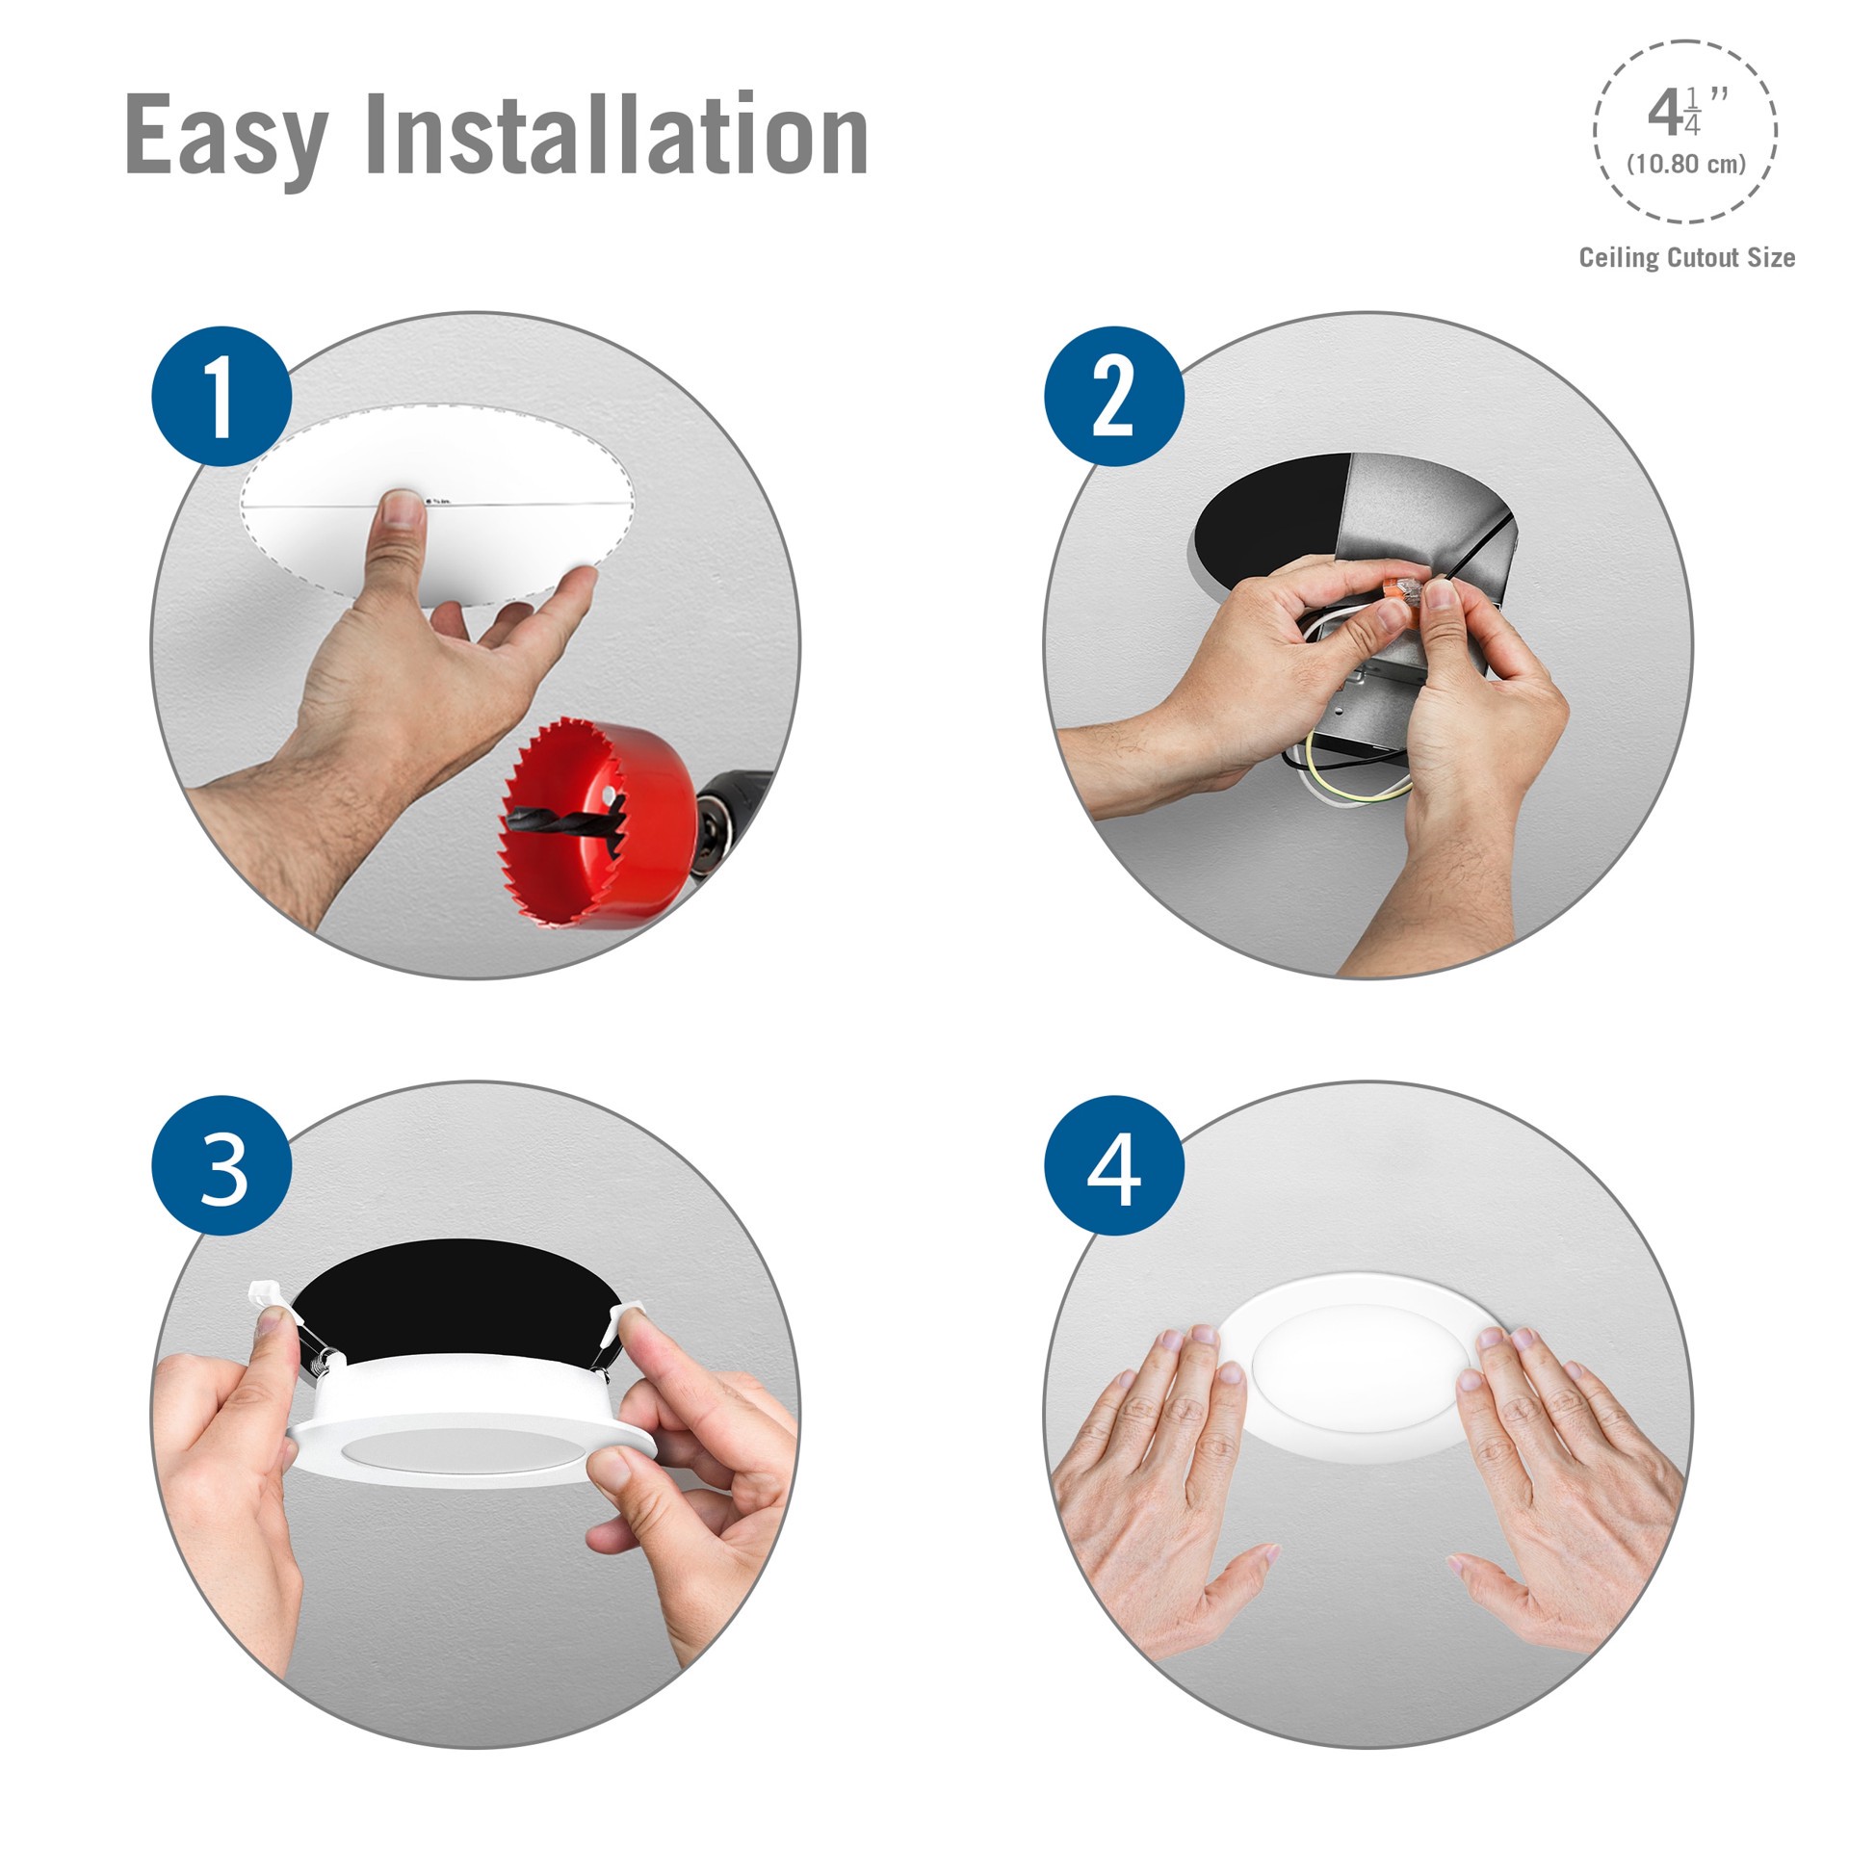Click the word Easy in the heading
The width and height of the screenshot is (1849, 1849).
pos(227,137)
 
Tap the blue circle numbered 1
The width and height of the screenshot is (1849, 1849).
pos(221,397)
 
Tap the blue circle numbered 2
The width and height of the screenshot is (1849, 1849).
pos(1114,397)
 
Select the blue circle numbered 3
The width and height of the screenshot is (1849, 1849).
pos(221,1166)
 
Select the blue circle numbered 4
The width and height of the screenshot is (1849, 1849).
pos(1114,1166)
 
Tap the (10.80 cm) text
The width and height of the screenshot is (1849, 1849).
pos(1686,164)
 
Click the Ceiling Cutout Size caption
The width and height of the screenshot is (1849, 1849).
pos(1686,258)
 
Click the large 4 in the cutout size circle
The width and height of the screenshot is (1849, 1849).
pos(1664,114)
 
